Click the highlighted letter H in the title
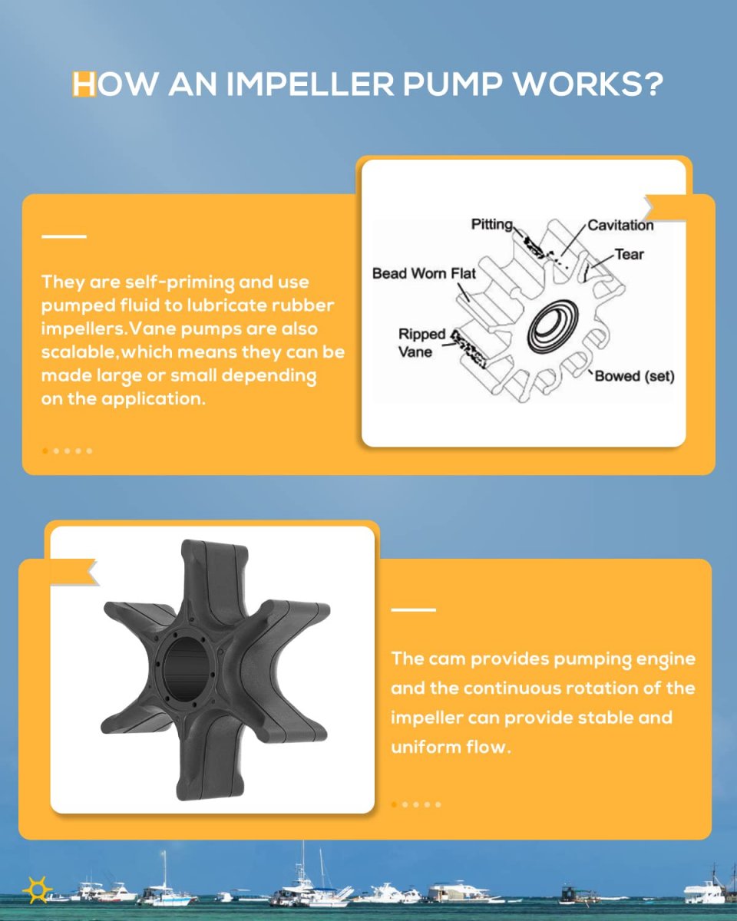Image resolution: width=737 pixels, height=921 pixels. coord(84,84)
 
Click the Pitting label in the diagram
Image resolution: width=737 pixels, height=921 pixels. coord(491,224)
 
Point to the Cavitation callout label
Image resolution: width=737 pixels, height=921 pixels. coord(620,225)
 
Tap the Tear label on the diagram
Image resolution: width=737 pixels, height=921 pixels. coord(629,254)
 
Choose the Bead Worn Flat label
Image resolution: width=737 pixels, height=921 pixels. coord(424,273)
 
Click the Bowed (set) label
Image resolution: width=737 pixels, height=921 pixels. coord(635,376)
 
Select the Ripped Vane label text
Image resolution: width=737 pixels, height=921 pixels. coord(421,343)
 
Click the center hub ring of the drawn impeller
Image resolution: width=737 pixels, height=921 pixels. coord(551,326)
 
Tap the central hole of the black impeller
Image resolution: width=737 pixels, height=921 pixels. coord(187,671)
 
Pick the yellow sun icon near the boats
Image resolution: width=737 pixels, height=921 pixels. coord(38,890)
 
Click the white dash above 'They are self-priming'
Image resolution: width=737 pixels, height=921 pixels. coord(64,236)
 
